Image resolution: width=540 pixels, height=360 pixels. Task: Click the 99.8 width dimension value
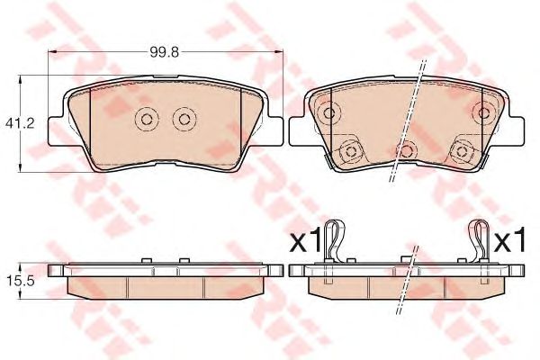pos(165,52)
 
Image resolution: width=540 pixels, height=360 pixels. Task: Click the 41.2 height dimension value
pos(20,123)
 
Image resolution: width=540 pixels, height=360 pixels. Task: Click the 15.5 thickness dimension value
pos(21,282)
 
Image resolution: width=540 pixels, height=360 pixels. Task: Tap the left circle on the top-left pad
pos(147,119)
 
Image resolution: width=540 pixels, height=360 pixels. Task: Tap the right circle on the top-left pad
pos(184,119)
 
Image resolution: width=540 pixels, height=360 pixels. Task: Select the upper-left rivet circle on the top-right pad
pos(329,112)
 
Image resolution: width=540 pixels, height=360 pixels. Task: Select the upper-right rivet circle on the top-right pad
pos(484,112)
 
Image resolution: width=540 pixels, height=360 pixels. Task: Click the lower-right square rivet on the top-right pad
pos(462,151)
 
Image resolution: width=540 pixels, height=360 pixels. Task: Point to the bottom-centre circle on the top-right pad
pos(407,151)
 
